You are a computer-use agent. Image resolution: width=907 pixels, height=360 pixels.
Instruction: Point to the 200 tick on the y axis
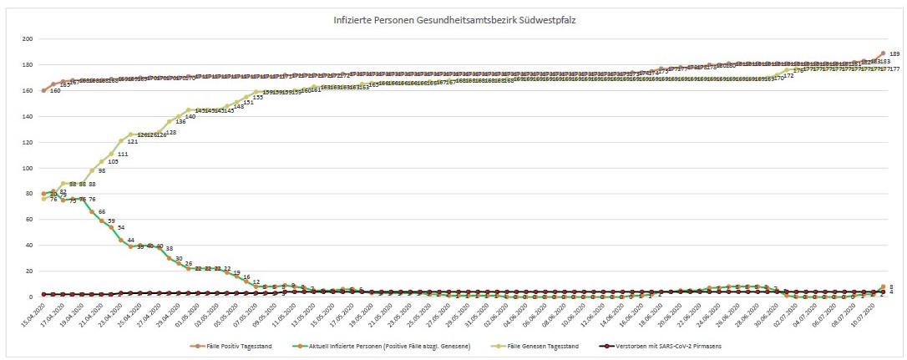coord(28,39)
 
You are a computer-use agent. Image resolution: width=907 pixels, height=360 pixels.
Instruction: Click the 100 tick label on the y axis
coord(28,168)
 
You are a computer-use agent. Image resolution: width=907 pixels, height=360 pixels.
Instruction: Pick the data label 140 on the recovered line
coord(190,117)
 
